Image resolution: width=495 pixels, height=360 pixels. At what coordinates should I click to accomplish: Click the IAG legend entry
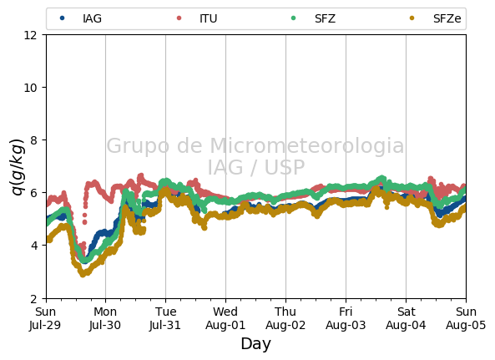click(x=81, y=18)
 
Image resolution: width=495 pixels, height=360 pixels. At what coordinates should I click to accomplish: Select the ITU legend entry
click(x=197, y=18)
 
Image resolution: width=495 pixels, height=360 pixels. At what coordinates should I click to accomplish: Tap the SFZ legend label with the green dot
click(x=313, y=18)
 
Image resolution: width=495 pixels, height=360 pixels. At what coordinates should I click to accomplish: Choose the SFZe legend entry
click(x=436, y=18)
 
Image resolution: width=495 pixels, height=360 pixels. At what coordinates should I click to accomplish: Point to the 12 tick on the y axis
click(x=30, y=35)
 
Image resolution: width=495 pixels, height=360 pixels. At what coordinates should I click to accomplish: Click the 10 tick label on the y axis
click(x=30, y=88)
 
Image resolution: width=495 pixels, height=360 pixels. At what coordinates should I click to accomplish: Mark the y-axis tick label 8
click(x=33, y=139)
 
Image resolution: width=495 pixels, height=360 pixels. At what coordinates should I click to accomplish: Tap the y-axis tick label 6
click(x=33, y=193)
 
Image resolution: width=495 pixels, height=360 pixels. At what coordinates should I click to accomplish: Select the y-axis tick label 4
click(x=33, y=246)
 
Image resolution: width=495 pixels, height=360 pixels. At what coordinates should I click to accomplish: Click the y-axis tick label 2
click(x=33, y=298)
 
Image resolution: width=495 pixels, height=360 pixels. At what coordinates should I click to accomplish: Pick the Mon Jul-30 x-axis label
click(x=105, y=318)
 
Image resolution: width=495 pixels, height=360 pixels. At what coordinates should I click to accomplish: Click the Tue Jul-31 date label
click(x=165, y=318)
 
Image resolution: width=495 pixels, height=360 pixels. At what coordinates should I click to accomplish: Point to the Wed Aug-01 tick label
click(x=225, y=318)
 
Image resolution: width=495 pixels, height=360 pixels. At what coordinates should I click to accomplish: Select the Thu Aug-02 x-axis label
click(x=285, y=318)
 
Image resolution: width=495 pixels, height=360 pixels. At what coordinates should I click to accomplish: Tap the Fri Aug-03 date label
click(x=346, y=318)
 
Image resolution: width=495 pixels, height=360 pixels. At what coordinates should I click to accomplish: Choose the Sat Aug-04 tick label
click(x=406, y=318)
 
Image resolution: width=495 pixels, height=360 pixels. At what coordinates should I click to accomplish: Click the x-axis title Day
click(x=256, y=344)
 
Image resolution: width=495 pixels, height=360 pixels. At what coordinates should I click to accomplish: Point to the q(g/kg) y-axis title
click(x=18, y=167)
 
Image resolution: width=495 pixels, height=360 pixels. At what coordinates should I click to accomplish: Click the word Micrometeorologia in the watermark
click(x=307, y=145)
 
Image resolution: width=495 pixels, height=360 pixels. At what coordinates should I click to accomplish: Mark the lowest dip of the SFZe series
click(x=83, y=274)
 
